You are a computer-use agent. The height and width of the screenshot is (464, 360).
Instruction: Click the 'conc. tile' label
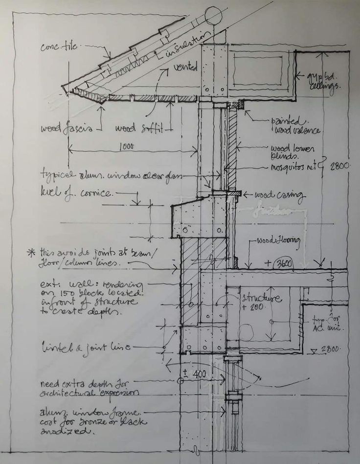click(x=57, y=46)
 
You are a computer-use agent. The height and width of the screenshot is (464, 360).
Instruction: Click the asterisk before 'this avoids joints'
click(x=32, y=253)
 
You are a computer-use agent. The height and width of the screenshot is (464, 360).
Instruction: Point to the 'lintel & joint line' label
click(x=85, y=348)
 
